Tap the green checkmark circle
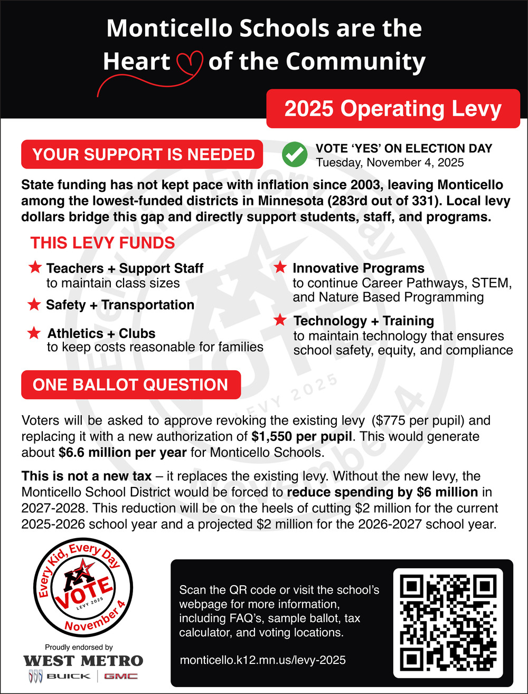point(295,154)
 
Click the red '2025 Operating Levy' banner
point(392,108)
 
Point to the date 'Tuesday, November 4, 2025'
point(390,162)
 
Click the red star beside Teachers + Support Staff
point(35,268)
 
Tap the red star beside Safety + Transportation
point(35,304)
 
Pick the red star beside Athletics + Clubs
point(35,333)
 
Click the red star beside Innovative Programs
point(281,268)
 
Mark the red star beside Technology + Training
point(281,320)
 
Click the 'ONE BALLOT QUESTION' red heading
point(130,384)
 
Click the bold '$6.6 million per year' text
point(122,453)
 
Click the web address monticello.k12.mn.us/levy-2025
point(263,660)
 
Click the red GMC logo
point(120,676)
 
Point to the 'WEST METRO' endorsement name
point(83,661)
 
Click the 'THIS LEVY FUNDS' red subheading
point(102,243)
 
